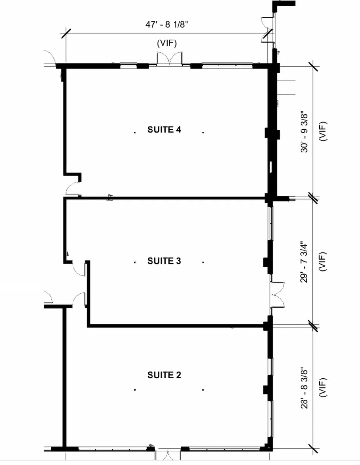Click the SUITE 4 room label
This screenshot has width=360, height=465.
[x=164, y=130]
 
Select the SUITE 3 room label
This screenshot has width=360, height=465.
[x=164, y=261]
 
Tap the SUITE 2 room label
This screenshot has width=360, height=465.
[x=164, y=375]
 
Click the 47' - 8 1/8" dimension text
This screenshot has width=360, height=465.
[x=167, y=25]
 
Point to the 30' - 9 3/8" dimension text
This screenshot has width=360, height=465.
[x=304, y=132]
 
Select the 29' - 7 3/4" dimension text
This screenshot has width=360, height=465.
[x=304, y=262]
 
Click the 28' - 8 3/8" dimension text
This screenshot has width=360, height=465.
[x=304, y=388]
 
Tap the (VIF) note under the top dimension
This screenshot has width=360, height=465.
[x=167, y=43]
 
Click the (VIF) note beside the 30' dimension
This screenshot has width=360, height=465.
[x=323, y=131]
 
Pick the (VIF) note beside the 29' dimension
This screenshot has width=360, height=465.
[x=323, y=261]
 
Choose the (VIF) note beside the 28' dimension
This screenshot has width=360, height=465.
[x=323, y=387]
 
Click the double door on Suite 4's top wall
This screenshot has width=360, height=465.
[x=169, y=59]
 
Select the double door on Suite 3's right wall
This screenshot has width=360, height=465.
[x=277, y=295]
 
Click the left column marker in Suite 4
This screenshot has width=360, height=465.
[x=135, y=132]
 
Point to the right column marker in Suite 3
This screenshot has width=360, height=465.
[x=203, y=262]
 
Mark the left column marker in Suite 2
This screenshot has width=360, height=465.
[x=135, y=390]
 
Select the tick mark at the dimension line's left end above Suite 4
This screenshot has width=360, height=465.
[x=66, y=33]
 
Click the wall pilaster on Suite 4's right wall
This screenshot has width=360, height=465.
[x=272, y=133]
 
